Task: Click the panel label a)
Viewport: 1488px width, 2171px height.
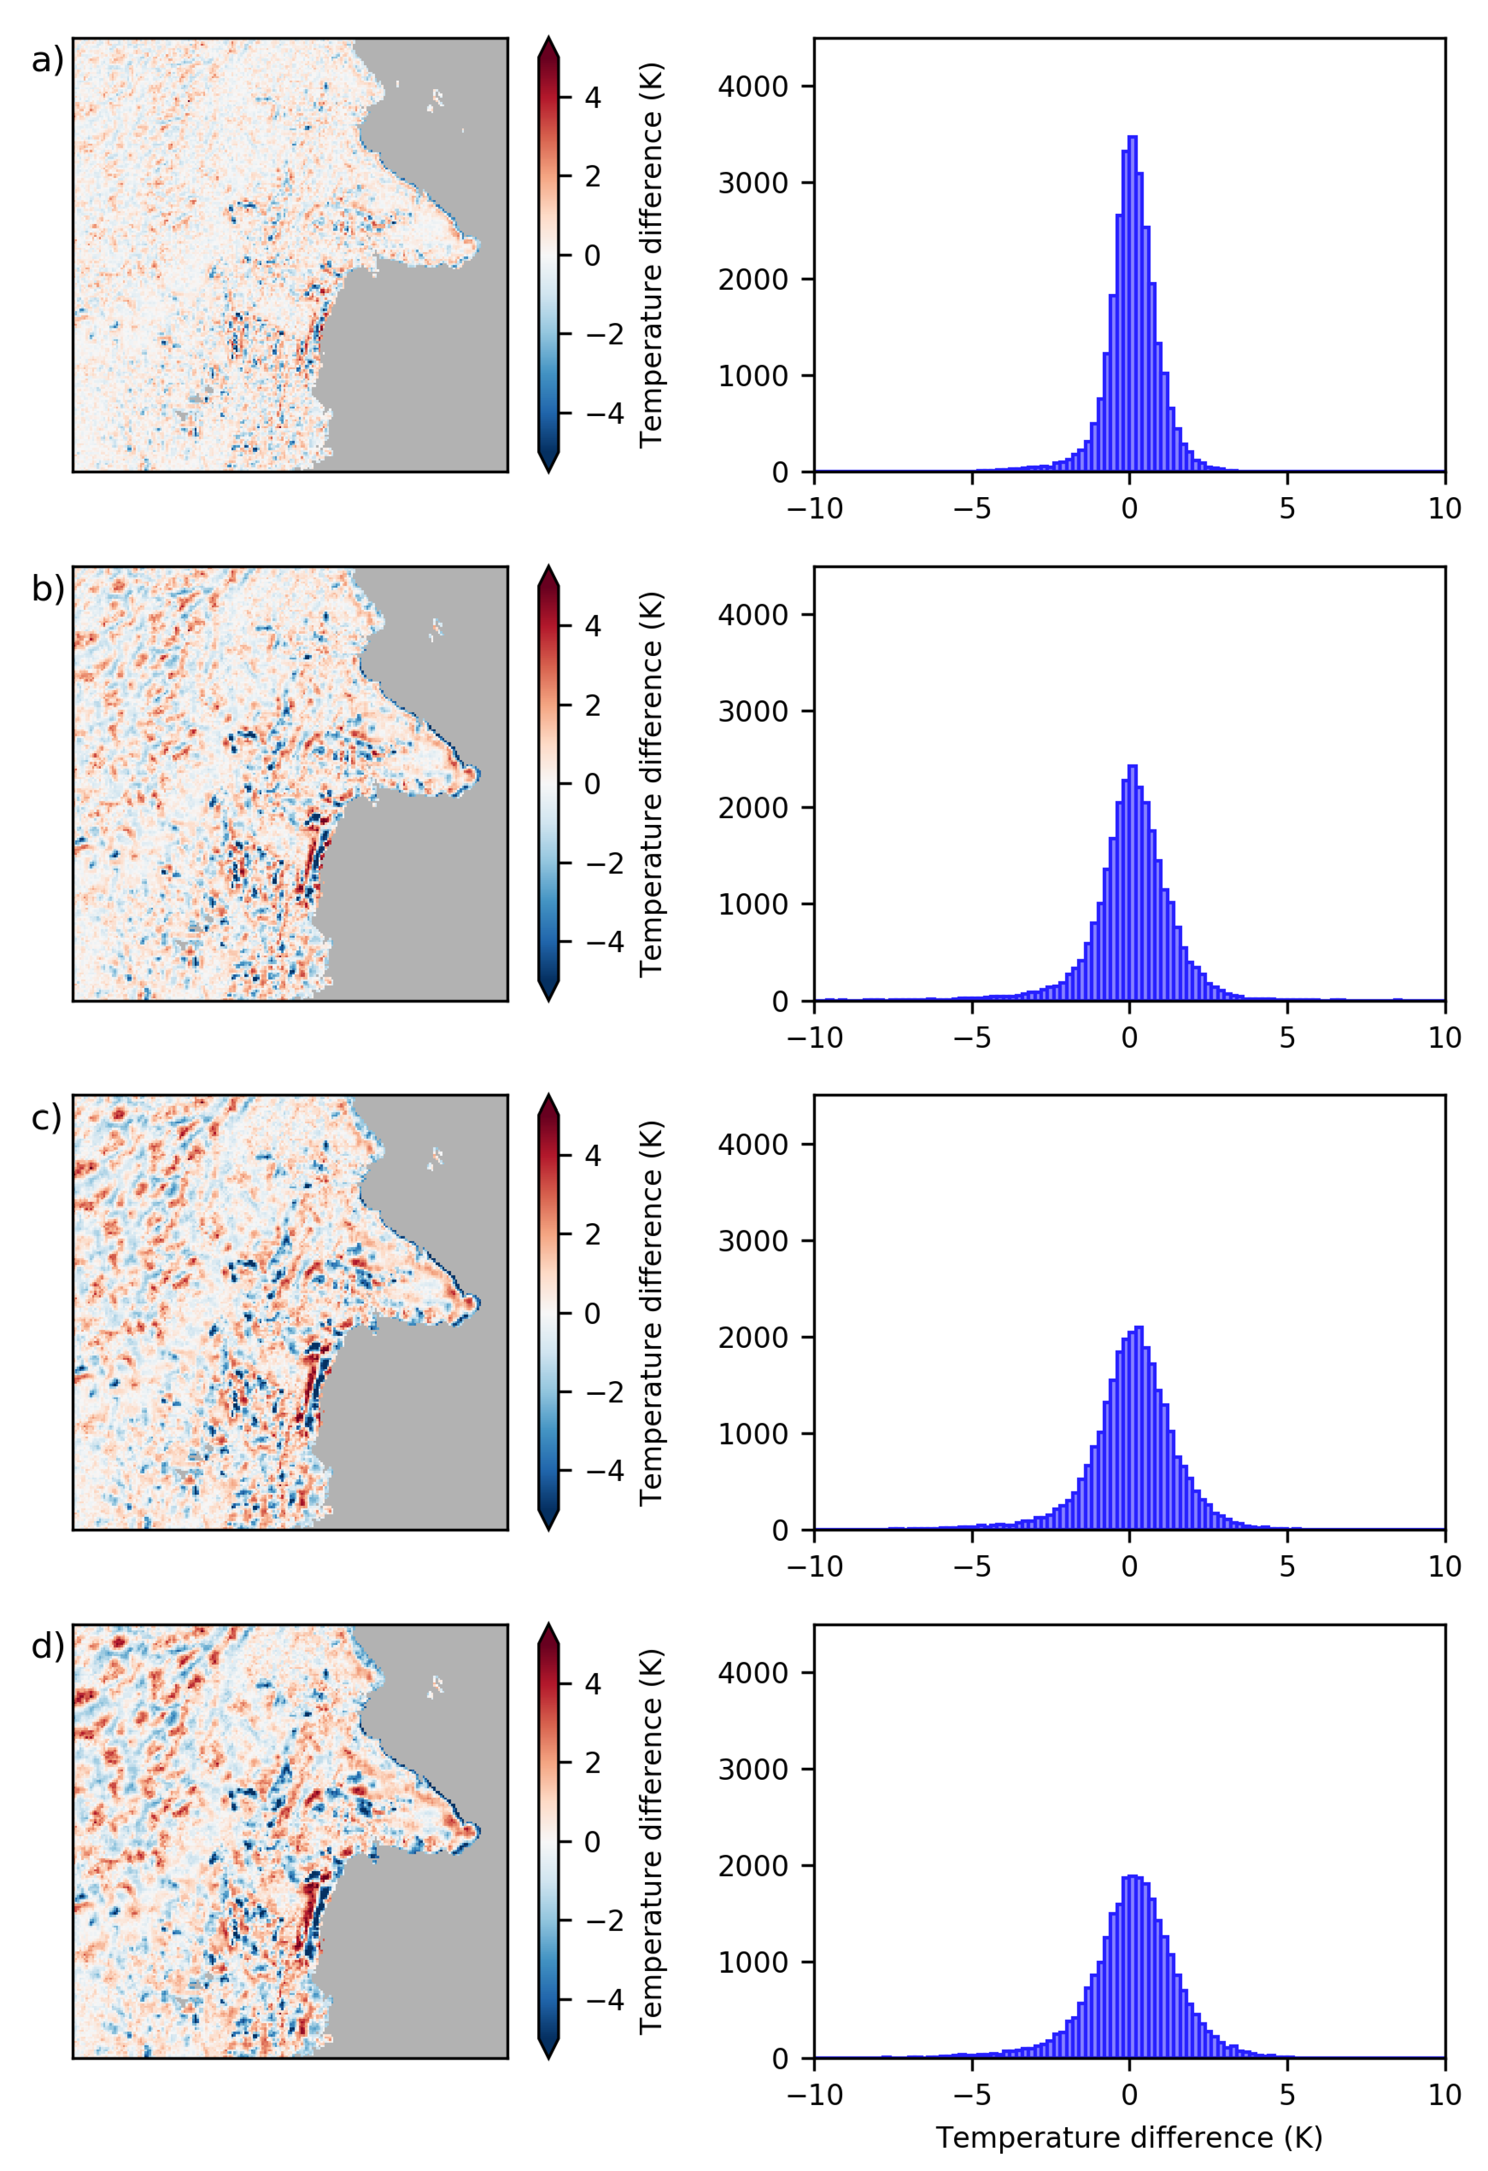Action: point(47,61)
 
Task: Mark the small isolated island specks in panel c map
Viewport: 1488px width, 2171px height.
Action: point(435,1158)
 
